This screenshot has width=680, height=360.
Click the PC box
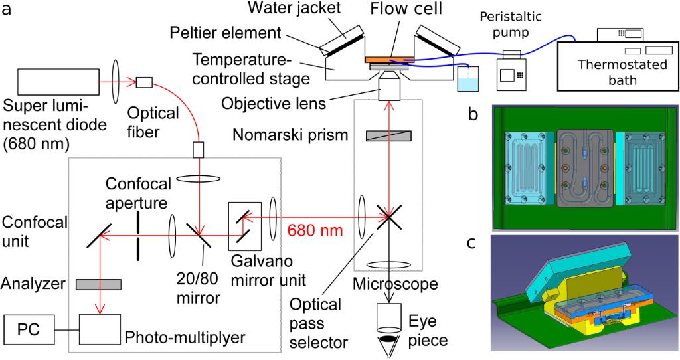[x=30, y=329]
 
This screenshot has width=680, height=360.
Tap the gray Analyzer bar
[x=99, y=284]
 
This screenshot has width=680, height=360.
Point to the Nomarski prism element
[x=388, y=135]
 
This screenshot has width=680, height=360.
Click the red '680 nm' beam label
[x=315, y=231]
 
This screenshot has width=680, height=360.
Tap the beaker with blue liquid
[x=468, y=81]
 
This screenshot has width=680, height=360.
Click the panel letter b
[x=473, y=115]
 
